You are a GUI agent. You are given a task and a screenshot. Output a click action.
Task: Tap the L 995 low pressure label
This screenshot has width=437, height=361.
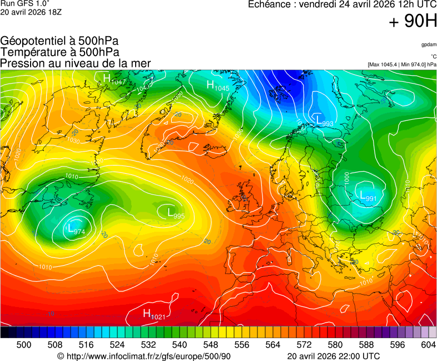coord(176,212)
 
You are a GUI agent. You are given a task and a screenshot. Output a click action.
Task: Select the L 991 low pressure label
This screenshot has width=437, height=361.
coord(368,196)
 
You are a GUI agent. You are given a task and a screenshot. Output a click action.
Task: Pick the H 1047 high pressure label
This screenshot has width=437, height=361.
coord(115,79)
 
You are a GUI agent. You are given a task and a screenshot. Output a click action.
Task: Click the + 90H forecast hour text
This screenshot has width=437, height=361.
coord(412,22)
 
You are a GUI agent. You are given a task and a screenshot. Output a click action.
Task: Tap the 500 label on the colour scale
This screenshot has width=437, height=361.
coord(24,345)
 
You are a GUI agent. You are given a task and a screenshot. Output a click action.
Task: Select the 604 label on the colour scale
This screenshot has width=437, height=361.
coord(428,345)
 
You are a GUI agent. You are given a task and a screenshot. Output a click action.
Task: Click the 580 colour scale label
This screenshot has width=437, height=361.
coord(335,345)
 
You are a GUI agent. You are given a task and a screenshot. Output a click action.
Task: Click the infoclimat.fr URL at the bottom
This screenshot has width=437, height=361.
coord(143,356)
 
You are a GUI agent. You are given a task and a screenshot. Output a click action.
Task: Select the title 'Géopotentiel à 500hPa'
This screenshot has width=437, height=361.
coord(59,41)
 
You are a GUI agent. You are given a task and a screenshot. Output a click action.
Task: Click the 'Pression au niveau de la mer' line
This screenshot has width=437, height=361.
coord(76,63)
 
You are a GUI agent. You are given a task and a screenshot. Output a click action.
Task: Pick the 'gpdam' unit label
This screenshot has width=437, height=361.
coord(428,44)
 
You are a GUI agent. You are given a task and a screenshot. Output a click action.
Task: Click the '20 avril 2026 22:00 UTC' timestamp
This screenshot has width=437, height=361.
coord(333,356)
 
